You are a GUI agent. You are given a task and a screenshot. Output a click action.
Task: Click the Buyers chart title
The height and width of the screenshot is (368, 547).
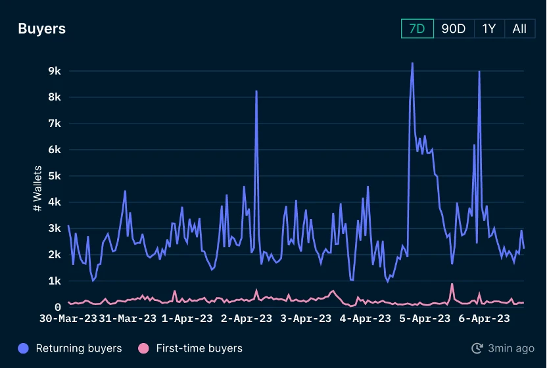coord(41,29)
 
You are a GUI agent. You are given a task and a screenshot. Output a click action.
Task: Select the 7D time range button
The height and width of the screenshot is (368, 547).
coord(417,29)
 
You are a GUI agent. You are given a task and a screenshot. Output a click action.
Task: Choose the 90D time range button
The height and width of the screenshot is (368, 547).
coord(454,29)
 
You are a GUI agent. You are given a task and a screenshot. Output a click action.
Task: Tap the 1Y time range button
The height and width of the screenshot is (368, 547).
coord(488,29)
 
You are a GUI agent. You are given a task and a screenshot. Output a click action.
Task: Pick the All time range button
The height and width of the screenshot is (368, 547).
coord(519,29)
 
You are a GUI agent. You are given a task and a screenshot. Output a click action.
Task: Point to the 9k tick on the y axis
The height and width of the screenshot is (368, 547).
coord(54,71)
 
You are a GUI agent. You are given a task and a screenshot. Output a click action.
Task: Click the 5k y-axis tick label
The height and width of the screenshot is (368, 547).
coord(54,176)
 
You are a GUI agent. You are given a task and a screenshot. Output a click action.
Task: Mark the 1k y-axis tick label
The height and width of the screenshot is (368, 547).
coord(54,281)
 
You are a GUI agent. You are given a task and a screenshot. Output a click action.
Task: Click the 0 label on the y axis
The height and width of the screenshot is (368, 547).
coord(57,307)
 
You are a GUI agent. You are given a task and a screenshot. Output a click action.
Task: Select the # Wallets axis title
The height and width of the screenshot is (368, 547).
coord(37,189)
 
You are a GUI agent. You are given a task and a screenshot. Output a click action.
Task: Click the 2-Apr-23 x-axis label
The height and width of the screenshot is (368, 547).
coord(247,319)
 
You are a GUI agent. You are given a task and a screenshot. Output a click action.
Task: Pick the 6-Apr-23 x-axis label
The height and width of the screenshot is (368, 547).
coord(484,319)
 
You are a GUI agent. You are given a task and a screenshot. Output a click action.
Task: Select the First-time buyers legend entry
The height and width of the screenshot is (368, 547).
coord(190,348)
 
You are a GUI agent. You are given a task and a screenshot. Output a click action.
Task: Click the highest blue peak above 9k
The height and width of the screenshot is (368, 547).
coord(412,64)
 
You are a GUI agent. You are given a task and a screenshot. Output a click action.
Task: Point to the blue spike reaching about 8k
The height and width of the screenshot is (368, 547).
coord(256,92)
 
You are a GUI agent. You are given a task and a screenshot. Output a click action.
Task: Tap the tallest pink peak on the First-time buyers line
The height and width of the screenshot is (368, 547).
coord(452,285)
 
